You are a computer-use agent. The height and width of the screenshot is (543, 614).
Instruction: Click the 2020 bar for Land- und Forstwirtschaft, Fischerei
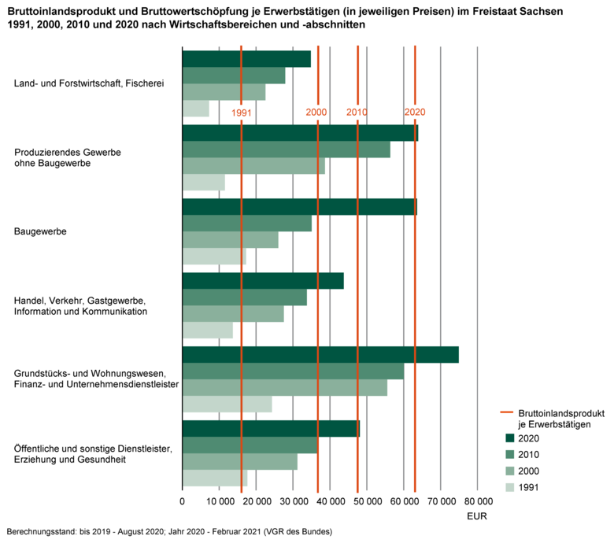(x=246, y=59)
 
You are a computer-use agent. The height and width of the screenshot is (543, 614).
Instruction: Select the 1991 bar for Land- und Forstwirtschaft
(x=196, y=109)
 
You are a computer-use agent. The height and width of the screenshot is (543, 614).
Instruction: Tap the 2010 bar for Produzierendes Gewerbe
(x=286, y=150)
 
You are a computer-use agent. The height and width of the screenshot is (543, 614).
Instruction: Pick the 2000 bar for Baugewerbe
(x=230, y=240)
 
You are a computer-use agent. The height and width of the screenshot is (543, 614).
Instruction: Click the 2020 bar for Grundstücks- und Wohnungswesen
(x=320, y=355)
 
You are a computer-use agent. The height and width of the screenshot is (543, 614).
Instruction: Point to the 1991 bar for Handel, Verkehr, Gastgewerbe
(x=207, y=331)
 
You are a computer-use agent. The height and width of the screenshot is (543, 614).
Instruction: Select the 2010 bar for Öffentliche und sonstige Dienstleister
(x=250, y=445)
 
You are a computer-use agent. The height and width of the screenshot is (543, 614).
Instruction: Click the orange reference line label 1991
(x=241, y=113)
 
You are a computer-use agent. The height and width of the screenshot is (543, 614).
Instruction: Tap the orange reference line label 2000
(x=316, y=113)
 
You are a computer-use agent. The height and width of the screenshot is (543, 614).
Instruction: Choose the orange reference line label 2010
(x=357, y=113)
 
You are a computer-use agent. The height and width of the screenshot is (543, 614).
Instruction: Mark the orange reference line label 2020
(x=415, y=113)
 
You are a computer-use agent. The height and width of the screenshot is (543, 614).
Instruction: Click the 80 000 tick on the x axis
(x=477, y=501)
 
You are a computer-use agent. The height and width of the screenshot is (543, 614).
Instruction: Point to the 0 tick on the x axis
(x=183, y=501)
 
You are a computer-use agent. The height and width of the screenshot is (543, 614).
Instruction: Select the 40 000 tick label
(x=330, y=501)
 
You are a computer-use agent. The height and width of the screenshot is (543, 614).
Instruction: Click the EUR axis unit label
(x=477, y=517)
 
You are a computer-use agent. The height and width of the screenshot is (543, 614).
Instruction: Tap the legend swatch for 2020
(x=509, y=438)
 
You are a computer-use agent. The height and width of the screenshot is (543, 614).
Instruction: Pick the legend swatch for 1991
(x=509, y=488)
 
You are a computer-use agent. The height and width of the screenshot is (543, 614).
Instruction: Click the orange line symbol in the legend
(x=509, y=412)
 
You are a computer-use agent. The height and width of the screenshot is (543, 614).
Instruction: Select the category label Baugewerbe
(x=39, y=232)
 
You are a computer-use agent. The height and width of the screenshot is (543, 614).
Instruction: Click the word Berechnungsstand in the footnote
(x=39, y=532)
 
